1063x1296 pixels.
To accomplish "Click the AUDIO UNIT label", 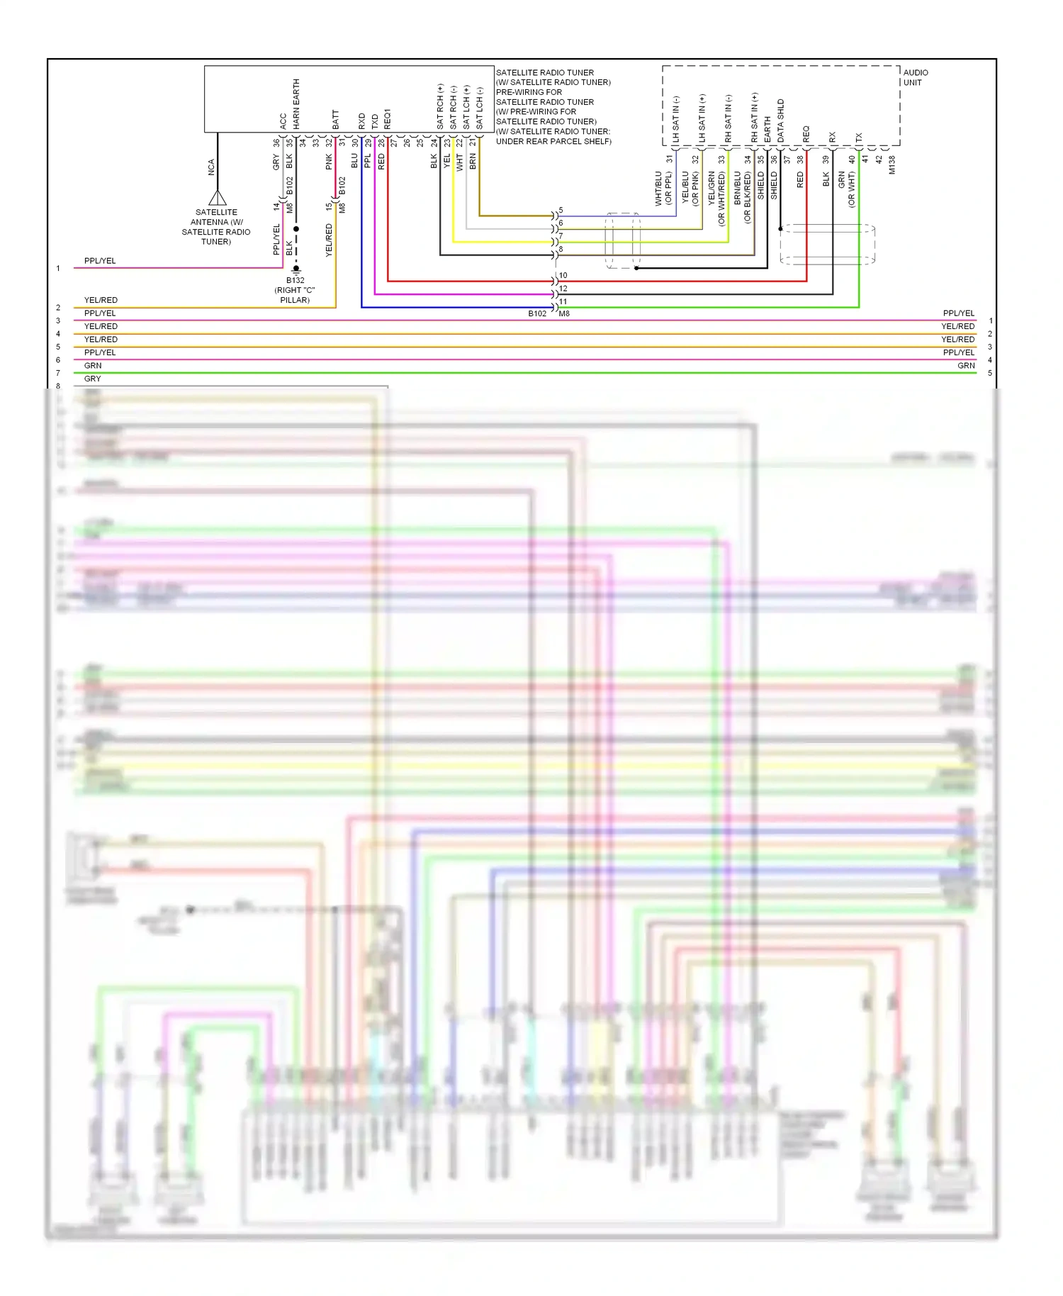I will (x=915, y=77).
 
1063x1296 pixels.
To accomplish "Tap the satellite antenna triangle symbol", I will (x=218, y=197).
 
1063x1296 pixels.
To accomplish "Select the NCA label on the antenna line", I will (x=211, y=167).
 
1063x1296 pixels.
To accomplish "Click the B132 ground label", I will (x=295, y=281).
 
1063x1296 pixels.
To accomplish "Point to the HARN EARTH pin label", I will (x=296, y=104).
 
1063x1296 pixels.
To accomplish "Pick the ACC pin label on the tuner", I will (x=283, y=121).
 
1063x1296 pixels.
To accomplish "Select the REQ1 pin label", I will (x=388, y=118).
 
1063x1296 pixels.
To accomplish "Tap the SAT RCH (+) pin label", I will (x=440, y=107).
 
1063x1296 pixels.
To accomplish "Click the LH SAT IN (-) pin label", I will (x=675, y=119).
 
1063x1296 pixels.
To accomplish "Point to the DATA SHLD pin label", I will (x=780, y=121).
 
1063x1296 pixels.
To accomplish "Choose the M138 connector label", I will (x=892, y=165).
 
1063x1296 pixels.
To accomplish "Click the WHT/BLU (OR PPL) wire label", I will (x=663, y=189).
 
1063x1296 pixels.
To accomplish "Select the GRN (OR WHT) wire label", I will (x=846, y=189).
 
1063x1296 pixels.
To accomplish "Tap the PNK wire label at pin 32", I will (x=329, y=162).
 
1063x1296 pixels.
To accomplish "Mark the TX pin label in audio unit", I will (x=859, y=137).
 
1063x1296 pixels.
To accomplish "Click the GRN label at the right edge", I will (x=966, y=366).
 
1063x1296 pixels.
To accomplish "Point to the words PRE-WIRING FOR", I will (x=529, y=92).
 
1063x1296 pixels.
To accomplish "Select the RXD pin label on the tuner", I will (x=361, y=121).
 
